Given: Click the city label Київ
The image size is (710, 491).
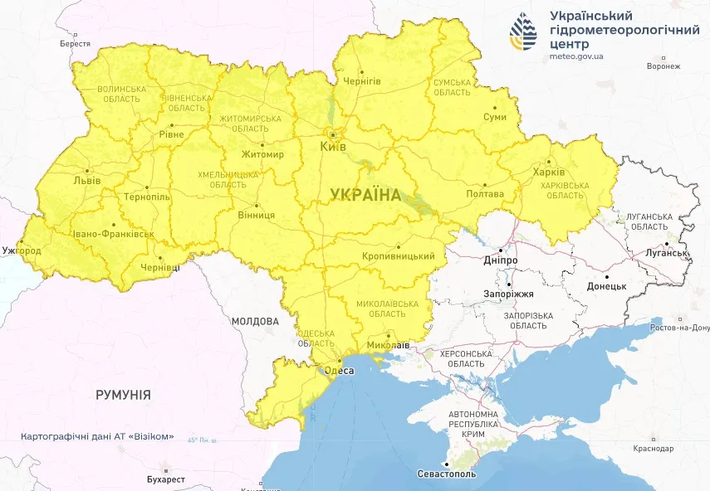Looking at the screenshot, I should coord(333,147).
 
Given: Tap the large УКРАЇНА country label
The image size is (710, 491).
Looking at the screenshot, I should coord(365,195).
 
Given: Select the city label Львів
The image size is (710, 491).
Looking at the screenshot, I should coord(87,180).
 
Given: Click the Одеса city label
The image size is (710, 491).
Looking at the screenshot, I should coord(339,372).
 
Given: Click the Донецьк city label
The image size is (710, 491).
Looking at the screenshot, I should coord(606,286).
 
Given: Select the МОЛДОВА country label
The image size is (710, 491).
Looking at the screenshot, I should coord(255,321).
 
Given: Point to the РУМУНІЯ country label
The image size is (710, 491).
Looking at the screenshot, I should coord(123,395).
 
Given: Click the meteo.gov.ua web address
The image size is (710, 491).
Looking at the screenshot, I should coord(576,56).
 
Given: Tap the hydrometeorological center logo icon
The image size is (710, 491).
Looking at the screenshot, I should coord(523,32).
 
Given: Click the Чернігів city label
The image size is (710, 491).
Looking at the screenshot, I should coord(361,81).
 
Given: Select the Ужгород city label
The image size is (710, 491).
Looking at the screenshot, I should coord(21,250).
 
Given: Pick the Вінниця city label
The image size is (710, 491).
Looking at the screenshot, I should coord(257,215).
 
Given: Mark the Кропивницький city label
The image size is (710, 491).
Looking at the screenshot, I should coord(399,256).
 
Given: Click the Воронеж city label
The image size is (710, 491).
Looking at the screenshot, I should coord(663,66).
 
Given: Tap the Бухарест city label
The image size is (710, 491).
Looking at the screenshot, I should coord(161,479).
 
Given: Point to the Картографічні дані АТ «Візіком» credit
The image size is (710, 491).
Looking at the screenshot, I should coord(97,437).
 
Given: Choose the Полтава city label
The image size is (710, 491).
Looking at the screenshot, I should coord(486,194).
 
